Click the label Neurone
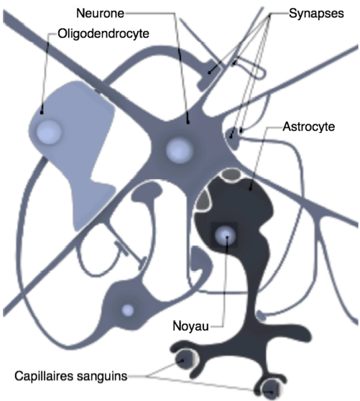tap(100, 13)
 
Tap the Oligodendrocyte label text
tap(103, 34)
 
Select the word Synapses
tap(316, 14)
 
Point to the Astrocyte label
tap(308, 127)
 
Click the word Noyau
tap(190, 326)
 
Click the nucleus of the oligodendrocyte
tap(49, 132)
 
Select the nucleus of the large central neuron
tap(180, 150)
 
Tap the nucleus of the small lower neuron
tap(128, 310)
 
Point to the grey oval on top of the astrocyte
tap(231, 175)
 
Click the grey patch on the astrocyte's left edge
tap(204, 200)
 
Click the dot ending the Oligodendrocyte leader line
tap(42, 113)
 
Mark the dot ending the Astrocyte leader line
tap(251, 190)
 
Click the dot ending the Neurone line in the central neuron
tap(188, 122)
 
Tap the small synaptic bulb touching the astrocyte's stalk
tap(261, 315)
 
